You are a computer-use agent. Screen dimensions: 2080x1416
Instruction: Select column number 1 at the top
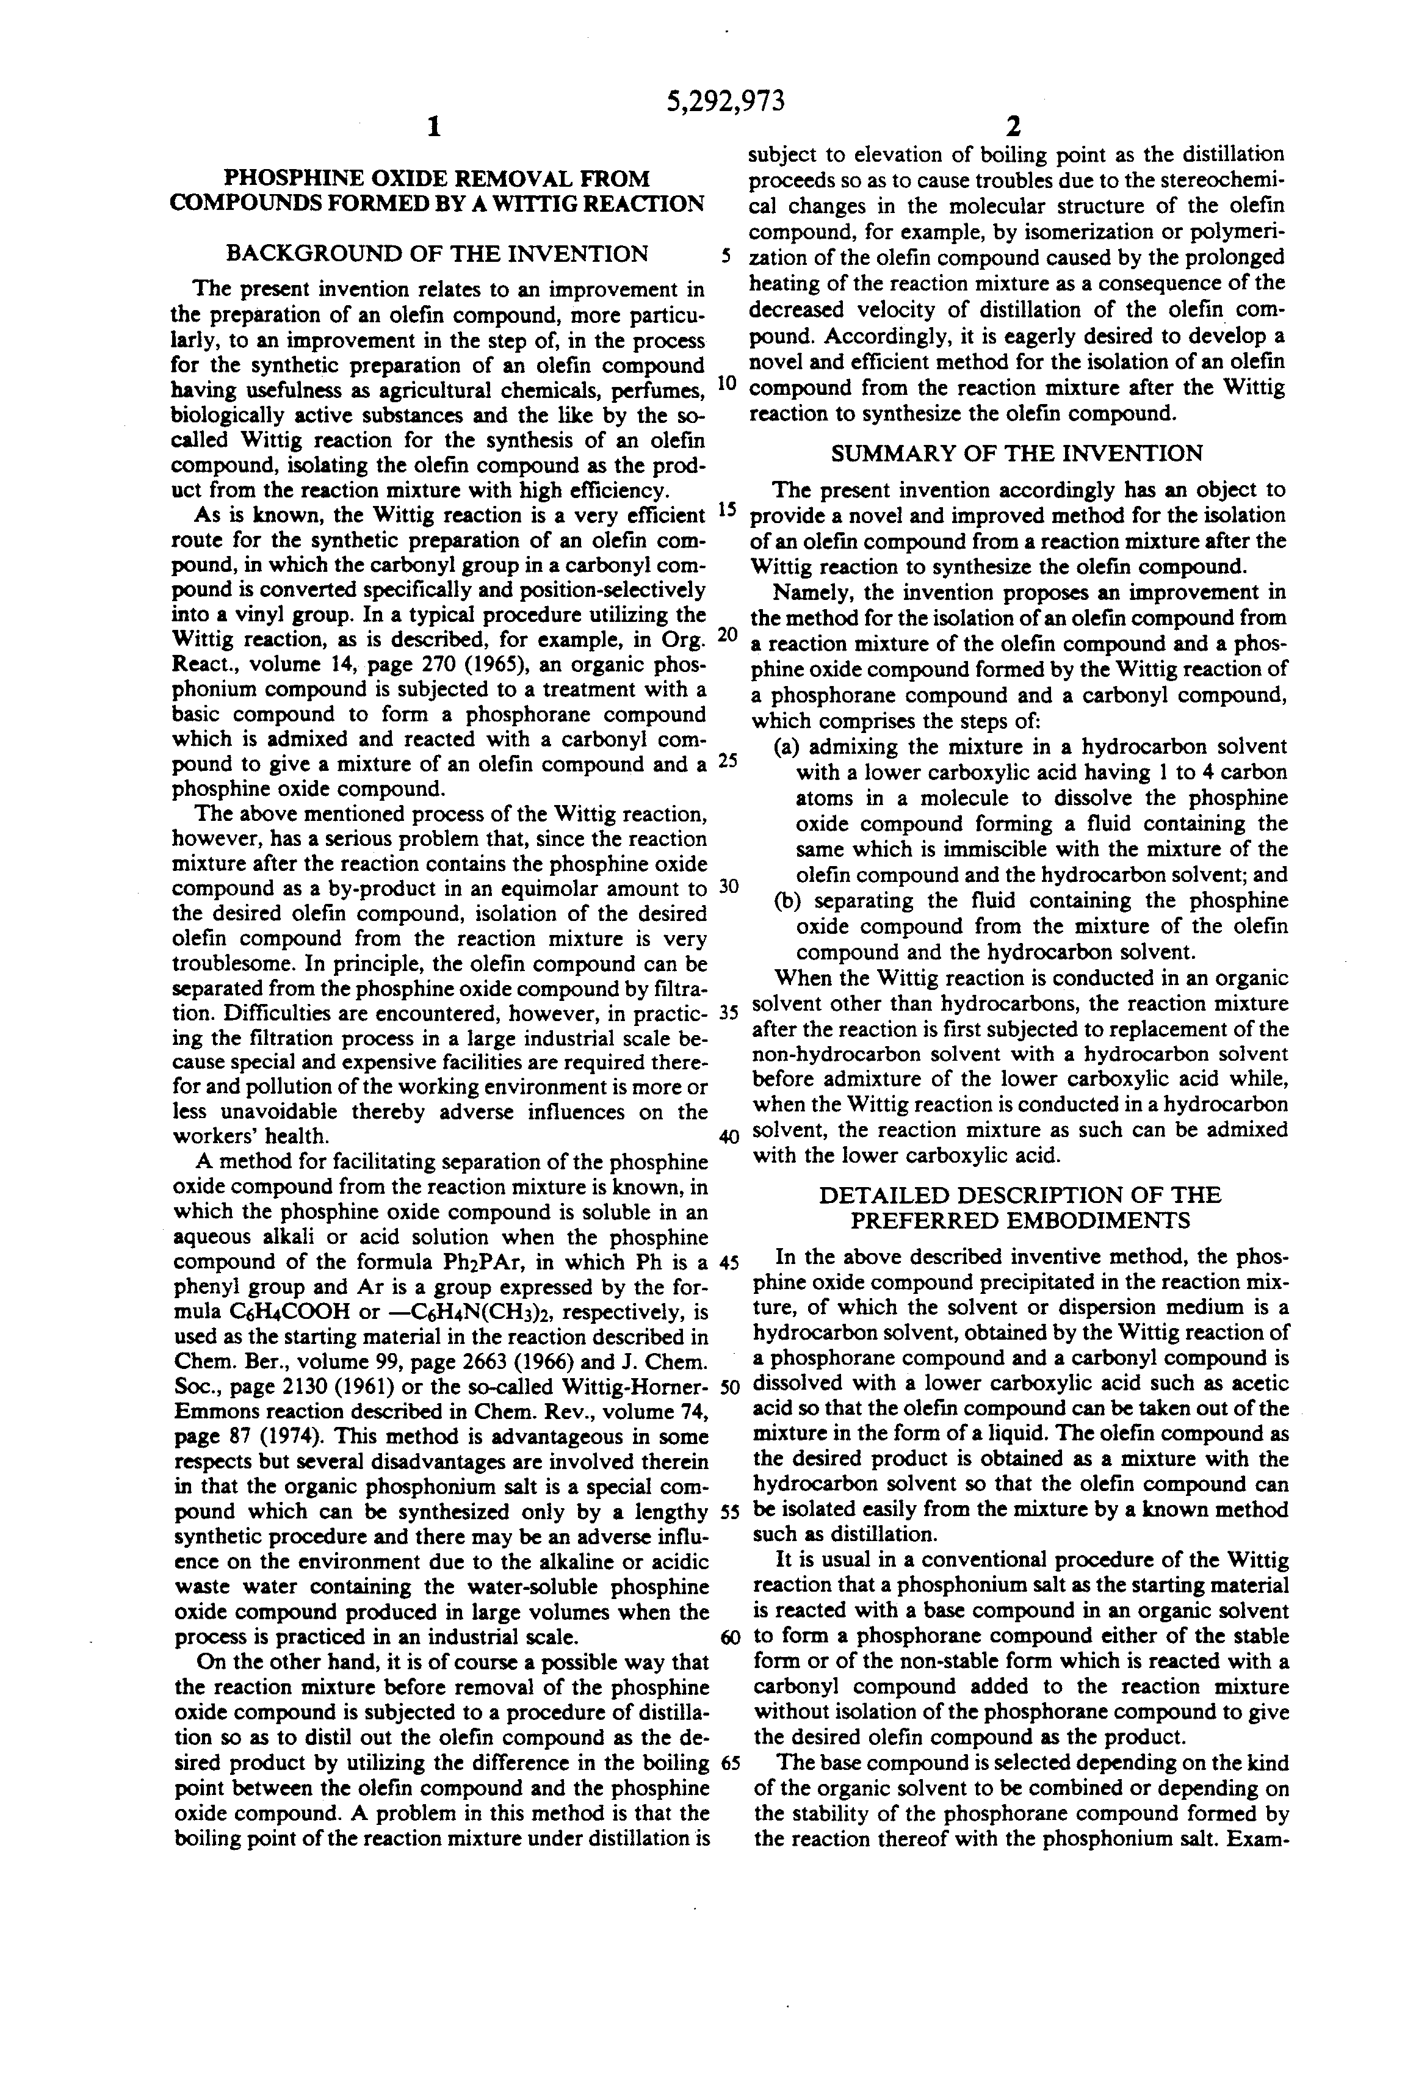(x=433, y=128)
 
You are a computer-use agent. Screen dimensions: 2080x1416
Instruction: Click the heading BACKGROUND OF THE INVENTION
(x=437, y=254)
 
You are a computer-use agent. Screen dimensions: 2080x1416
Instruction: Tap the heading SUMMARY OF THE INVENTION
(x=1017, y=453)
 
